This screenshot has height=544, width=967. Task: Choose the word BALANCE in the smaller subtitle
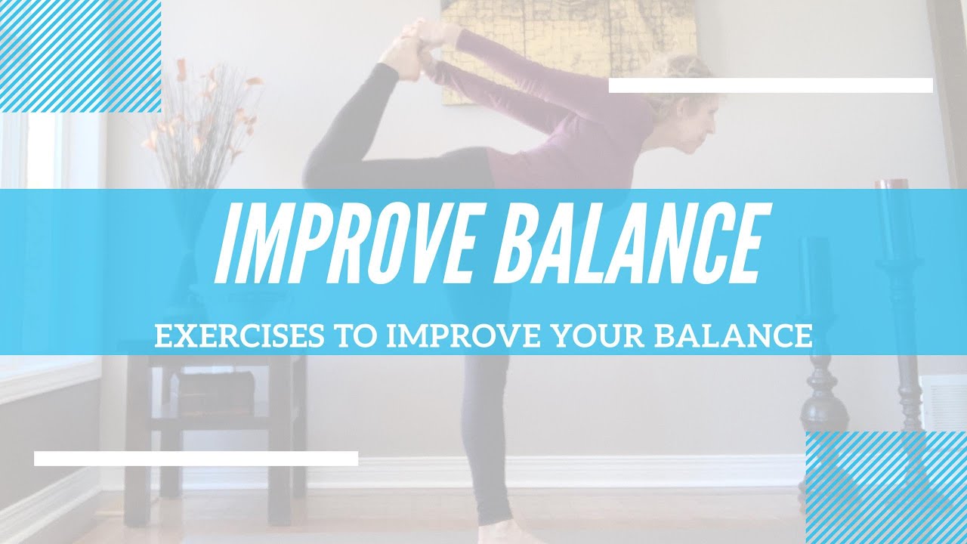coord(732,337)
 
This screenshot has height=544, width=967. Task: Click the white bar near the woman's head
coord(771,85)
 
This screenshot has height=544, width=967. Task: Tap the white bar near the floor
coord(196,458)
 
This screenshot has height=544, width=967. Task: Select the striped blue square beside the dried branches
coord(80,56)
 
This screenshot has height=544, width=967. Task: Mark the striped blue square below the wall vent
coord(885,487)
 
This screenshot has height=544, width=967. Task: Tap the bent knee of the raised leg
coord(321,170)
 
